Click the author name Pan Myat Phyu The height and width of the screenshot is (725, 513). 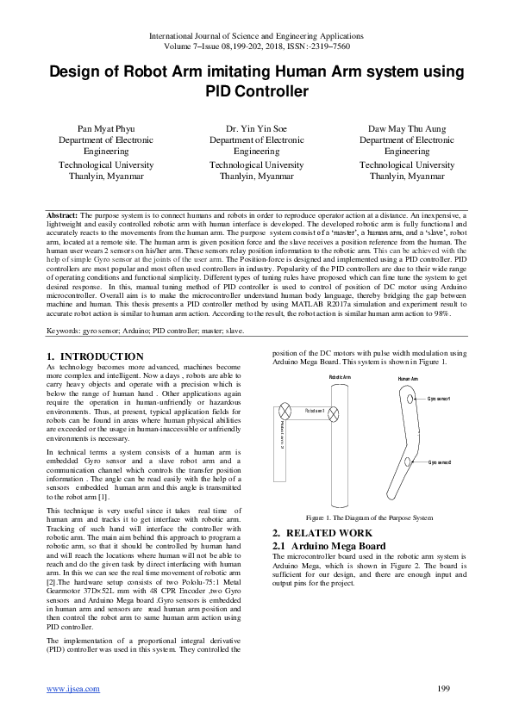(107, 128)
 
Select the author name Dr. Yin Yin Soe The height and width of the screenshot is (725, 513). (256, 128)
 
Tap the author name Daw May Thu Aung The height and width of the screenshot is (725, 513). (406, 128)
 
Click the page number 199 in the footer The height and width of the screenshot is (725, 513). (445, 688)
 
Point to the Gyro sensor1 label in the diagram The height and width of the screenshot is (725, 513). (439, 399)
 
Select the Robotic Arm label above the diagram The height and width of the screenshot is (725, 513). (340, 377)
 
